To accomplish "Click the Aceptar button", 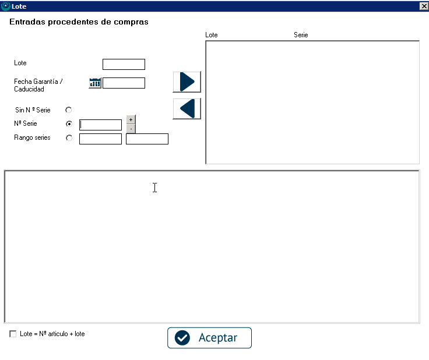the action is (209, 338).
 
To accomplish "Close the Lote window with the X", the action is (424, 6).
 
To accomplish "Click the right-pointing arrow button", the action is (187, 82).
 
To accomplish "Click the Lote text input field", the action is (124, 64).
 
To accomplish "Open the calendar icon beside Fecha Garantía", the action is (95, 83).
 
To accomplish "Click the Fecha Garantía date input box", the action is (124, 83).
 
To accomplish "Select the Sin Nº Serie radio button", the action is (68, 110).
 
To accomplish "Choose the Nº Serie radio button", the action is (69, 124).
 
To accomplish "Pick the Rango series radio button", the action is (69, 138).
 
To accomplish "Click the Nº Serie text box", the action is (100, 125).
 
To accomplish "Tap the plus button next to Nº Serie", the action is (131, 120).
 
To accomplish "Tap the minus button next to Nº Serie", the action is (131, 129).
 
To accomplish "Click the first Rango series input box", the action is (100, 139).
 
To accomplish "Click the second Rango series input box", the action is (147, 139).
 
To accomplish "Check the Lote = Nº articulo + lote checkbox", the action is (13, 334).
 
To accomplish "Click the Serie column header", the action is (301, 35).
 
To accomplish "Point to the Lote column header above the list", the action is (212, 35).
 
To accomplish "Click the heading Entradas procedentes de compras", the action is (79, 22).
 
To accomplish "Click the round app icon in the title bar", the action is (5, 6).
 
